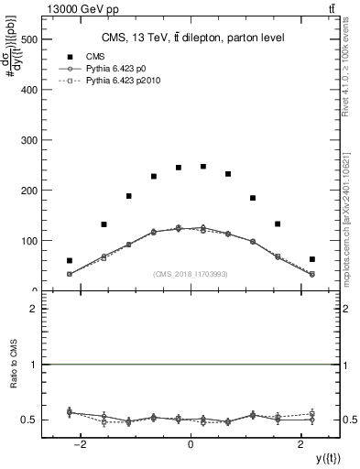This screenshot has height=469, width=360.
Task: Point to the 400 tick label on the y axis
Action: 27,91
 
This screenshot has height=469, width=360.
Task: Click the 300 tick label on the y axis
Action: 27,141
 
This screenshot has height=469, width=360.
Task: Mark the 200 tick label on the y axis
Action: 27,191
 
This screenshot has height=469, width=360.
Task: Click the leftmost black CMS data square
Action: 70,260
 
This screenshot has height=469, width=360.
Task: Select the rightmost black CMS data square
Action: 312,259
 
